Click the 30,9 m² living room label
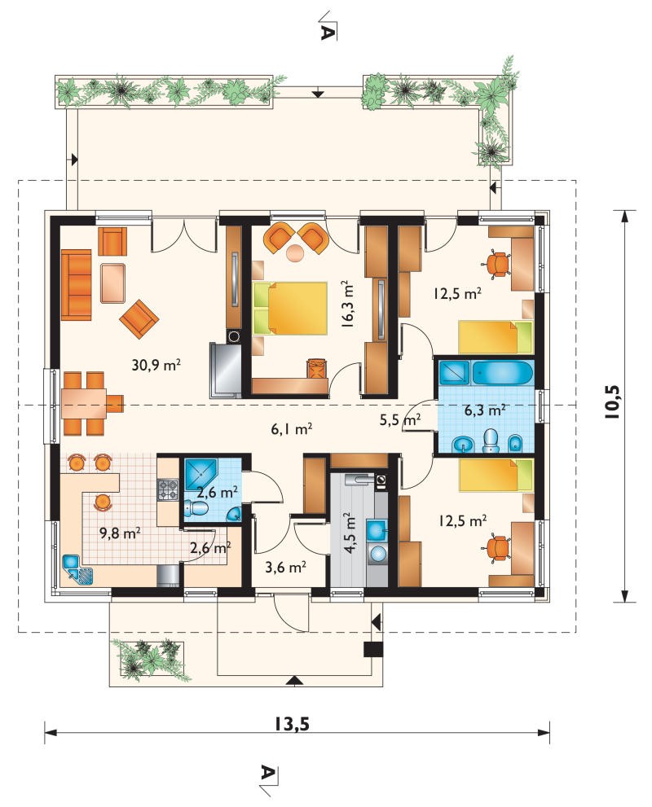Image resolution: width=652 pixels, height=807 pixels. pyautogui.click(x=156, y=366)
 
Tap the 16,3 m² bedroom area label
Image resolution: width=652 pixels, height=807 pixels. pyautogui.click(x=347, y=304)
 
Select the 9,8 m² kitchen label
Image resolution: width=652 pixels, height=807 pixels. pyautogui.click(x=120, y=533)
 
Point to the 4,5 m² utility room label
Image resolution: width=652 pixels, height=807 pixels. pyautogui.click(x=350, y=533)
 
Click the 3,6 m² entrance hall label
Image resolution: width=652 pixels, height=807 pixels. pyautogui.click(x=286, y=567)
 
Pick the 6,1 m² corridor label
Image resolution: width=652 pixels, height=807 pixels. pyautogui.click(x=292, y=428)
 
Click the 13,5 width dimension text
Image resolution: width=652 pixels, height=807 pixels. pyautogui.click(x=292, y=724)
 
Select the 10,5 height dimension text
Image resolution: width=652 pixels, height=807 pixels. pyautogui.click(x=614, y=401)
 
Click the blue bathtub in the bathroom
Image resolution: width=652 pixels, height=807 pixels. pyautogui.click(x=502, y=373)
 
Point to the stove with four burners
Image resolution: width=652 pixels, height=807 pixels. pyautogui.click(x=168, y=489)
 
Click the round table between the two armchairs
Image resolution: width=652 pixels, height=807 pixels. pyautogui.click(x=296, y=253)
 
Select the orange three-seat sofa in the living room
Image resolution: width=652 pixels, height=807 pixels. pyautogui.click(x=77, y=285)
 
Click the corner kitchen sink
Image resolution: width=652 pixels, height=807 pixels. pyautogui.click(x=77, y=570)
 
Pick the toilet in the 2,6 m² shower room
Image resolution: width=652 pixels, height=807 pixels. pyautogui.click(x=196, y=509)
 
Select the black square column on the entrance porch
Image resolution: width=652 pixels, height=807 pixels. pyautogui.click(x=373, y=650)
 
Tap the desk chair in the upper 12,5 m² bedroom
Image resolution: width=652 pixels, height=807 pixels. pyautogui.click(x=497, y=264)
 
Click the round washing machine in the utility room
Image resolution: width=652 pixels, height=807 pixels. pyautogui.click(x=378, y=553)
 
